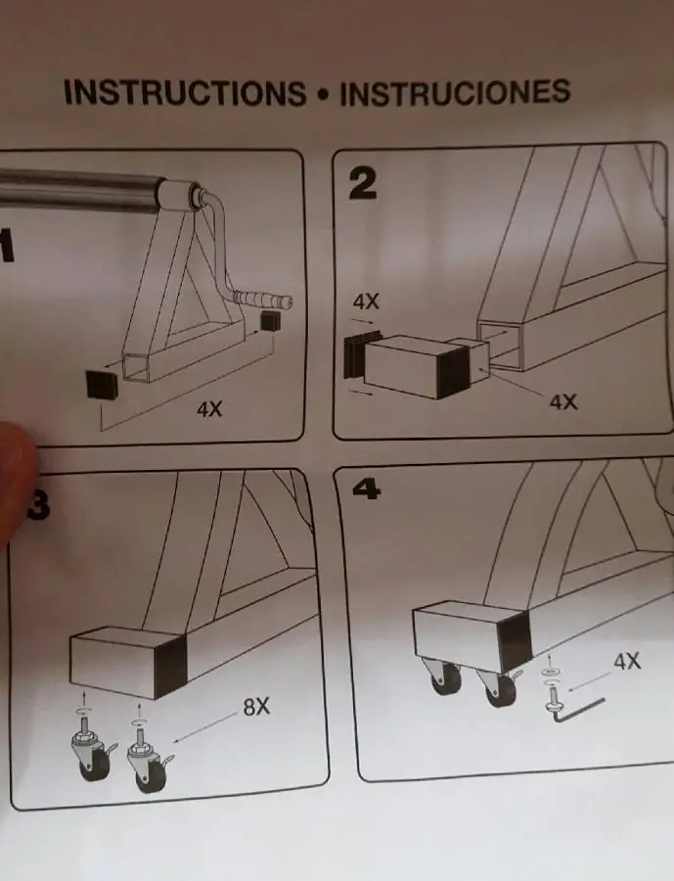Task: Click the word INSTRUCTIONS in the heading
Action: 185,93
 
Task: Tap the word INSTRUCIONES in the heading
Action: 455,92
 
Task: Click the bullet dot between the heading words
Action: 323,94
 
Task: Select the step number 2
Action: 362,184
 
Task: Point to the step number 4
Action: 366,489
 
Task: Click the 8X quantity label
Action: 256,706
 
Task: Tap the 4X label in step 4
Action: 627,662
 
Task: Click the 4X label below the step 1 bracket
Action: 209,409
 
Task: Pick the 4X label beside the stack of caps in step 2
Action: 366,302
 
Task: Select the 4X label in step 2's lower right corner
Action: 563,401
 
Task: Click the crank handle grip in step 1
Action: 263,299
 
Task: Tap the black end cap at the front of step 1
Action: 102,385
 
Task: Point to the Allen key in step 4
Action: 578,709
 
